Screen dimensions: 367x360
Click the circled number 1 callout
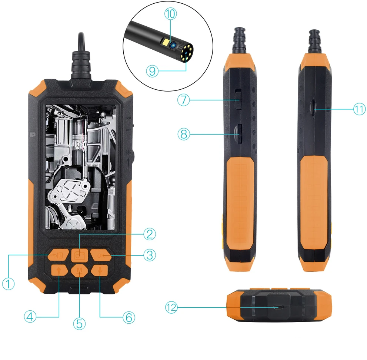click(9, 283)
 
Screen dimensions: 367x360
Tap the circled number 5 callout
click(79, 324)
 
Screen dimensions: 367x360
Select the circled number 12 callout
click(171, 307)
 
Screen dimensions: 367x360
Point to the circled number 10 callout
click(170, 14)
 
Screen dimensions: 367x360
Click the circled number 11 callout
click(359, 109)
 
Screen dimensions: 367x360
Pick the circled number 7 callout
click(183, 100)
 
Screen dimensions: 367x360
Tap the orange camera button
click(80, 255)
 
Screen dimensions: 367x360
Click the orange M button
click(80, 271)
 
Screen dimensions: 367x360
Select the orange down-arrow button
click(100, 270)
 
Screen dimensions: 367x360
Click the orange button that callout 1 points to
click(58, 255)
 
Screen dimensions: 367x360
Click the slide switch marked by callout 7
click(238, 99)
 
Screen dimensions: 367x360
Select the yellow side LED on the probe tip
click(165, 42)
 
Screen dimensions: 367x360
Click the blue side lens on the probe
click(173, 45)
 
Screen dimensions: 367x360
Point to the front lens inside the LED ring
click(186, 53)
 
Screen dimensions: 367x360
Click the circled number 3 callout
click(150, 255)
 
